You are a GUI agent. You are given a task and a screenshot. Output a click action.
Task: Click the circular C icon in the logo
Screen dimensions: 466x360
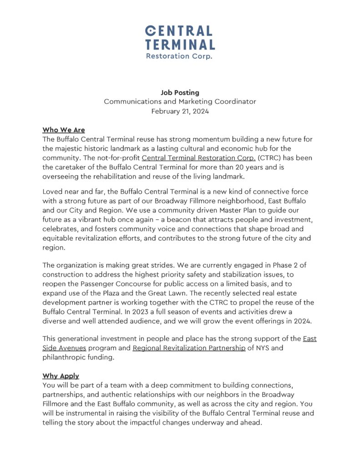[x=151, y=31]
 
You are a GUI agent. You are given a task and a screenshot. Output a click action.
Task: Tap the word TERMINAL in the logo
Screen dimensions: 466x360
[x=180, y=44]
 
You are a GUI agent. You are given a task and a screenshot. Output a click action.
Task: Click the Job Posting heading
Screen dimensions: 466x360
[x=180, y=92]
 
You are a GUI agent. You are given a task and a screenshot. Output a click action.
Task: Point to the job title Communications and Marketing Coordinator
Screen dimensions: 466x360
[x=180, y=102]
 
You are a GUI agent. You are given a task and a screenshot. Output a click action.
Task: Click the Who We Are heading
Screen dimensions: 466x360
[x=63, y=130]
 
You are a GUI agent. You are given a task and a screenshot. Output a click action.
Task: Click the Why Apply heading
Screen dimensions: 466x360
[x=61, y=376]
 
